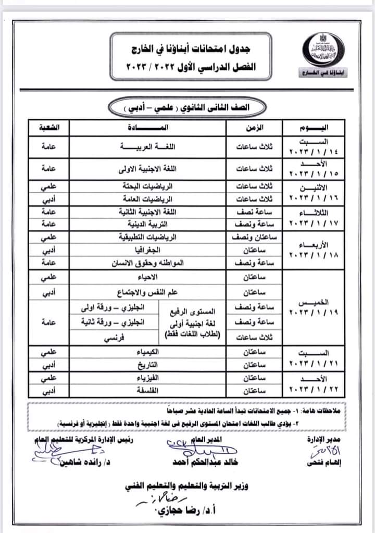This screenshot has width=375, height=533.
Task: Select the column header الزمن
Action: pyautogui.click(x=254, y=127)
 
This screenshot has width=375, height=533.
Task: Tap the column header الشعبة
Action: pyautogui.click(x=49, y=127)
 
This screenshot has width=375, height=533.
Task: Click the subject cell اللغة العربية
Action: pyautogui.click(x=147, y=147)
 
